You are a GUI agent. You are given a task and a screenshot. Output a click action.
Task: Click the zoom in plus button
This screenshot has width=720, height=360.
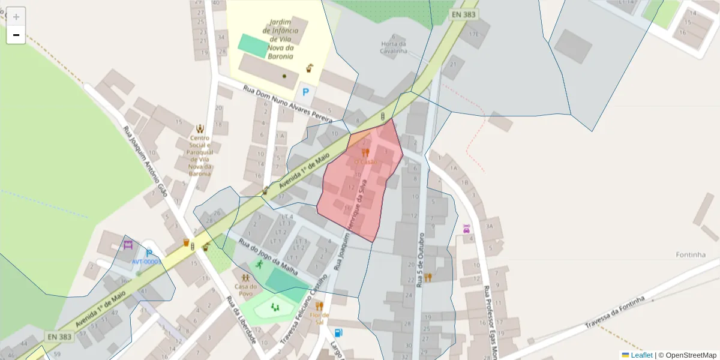pos(16,16)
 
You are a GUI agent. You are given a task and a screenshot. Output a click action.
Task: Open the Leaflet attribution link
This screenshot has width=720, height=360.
pos(641,355)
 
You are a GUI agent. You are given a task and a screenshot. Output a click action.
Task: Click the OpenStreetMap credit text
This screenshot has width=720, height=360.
pos(691,355)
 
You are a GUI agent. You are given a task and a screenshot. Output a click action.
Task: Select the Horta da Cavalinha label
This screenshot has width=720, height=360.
pos(394,47)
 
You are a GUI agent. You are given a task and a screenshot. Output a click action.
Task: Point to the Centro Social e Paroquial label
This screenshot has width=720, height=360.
pos(200,155)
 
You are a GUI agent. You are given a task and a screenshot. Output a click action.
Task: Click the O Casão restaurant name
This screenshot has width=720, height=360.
pos(365,162)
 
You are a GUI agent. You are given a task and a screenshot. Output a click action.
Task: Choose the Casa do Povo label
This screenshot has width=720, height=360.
pos(245,290)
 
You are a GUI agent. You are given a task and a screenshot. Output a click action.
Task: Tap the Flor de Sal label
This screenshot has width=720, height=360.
pos(320,318)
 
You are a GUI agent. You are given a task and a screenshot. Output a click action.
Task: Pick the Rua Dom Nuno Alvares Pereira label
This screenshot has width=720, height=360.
pos(287,104)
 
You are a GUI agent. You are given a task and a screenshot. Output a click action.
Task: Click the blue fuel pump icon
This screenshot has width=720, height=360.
pos(339,332)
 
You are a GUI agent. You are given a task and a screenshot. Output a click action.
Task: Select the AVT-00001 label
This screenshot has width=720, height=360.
pos(146,262)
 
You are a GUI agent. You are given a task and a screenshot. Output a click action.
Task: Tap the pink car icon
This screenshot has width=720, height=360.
pos(466,229)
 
